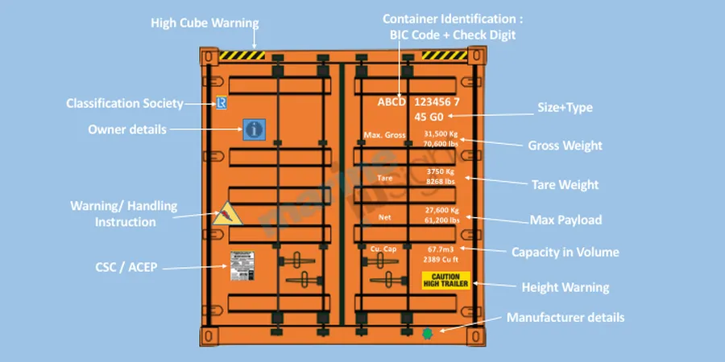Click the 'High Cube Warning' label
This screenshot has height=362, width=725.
click(x=205, y=23)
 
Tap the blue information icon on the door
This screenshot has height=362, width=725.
click(x=254, y=129)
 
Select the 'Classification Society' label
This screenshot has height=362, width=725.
click(x=125, y=103)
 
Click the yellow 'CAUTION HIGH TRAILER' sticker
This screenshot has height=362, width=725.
click(x=445, y=281)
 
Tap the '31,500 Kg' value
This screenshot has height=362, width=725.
click(x=441, y=134)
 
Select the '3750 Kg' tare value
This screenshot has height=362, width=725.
click(x=441, y=172)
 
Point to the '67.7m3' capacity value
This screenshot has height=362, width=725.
click(x=441, y=249)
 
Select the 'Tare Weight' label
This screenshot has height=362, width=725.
click(x=565, y=185)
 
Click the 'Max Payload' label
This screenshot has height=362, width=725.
click(x=565, y=220)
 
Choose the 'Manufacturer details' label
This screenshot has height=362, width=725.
click(x=565, y=318)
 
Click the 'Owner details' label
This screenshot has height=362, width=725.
click(x=126, y=129)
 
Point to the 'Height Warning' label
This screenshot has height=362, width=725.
click(x=565, y=287)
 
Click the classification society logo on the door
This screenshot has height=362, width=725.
click(x=221, y=103)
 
